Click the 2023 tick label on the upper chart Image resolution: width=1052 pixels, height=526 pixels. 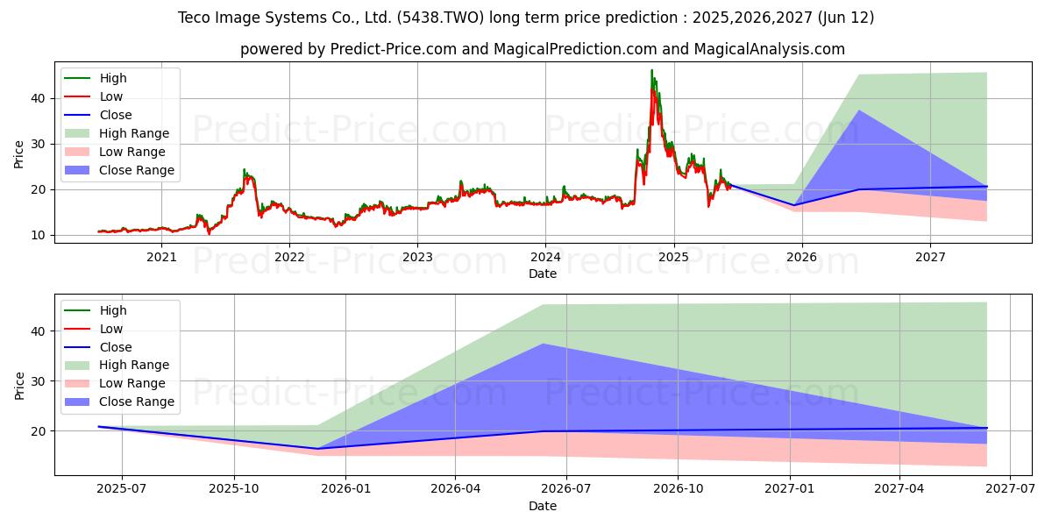417,258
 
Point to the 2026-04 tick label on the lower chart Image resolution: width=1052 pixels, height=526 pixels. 455,489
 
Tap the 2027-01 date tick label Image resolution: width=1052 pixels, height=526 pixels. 790,489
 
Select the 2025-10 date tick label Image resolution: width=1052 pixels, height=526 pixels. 234,489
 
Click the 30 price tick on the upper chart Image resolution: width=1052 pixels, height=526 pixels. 38,144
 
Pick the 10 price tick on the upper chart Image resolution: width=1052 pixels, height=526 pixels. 38,235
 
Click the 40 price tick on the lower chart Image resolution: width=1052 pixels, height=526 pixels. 38,331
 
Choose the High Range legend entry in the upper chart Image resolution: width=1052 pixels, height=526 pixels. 117,133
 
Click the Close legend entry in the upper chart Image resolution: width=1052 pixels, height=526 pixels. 97,115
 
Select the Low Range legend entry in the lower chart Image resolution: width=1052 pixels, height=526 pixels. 115,383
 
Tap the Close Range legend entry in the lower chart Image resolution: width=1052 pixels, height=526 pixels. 119,402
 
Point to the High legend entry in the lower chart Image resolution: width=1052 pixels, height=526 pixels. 96,310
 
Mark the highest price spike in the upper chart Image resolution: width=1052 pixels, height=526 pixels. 651,70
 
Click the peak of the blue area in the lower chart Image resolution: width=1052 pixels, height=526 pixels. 543,344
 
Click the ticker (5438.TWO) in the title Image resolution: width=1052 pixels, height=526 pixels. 440,18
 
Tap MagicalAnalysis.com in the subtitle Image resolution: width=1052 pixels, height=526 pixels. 770,49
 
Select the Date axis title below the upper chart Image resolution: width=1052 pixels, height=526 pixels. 543,274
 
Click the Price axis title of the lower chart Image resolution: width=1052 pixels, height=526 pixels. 19,386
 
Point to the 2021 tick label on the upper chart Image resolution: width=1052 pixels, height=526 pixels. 161,258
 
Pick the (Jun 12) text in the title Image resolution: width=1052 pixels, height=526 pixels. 846,18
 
